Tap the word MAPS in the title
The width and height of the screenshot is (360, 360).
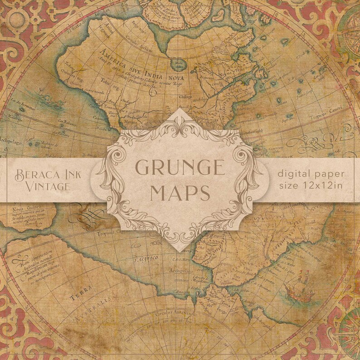coord(180,192)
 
